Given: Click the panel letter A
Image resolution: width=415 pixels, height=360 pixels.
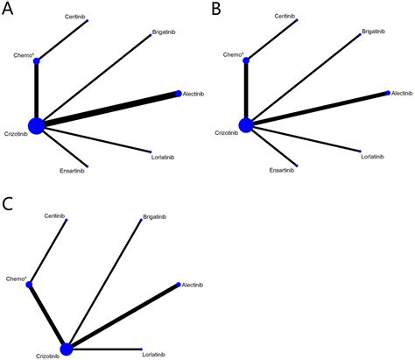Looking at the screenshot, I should coord(7,9).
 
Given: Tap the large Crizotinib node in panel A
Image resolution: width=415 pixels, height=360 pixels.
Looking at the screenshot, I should coord(36,126).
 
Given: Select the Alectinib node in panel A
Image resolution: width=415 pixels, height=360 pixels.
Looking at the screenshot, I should coord(178,93).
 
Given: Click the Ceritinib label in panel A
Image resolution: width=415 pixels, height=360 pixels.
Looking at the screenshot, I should coord(76,17).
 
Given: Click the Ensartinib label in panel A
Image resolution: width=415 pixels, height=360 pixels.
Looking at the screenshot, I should coord(73,170).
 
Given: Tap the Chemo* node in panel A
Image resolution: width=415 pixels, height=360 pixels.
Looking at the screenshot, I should coord(36,60).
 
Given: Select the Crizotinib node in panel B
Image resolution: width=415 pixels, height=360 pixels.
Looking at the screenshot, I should coord(246,126).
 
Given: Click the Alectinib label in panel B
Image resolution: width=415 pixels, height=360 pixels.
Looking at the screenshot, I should coord(402,93).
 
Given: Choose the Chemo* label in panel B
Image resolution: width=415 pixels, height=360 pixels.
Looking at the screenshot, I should coord(233,54).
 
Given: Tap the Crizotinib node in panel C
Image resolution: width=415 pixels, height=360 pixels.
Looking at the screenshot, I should coord(67,349).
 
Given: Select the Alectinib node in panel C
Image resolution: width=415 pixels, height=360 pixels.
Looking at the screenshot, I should coord(179,286).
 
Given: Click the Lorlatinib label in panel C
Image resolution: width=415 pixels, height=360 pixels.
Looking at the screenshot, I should coord(154,354).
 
